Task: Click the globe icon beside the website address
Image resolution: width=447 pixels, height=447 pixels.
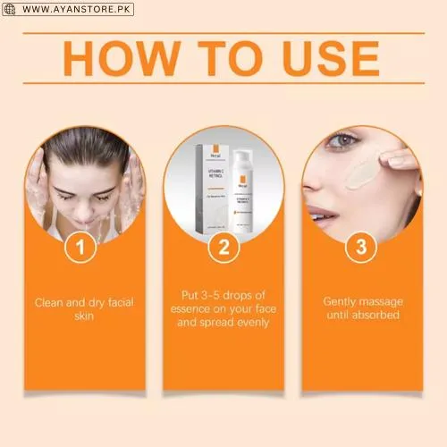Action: pyautogui.click(x=9, y=9)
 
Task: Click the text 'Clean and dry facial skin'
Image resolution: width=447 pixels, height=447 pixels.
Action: pyautogui.click(x=85, y=308)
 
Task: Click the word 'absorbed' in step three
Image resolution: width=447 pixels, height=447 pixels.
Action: pyautogui.click(x=375, y=316)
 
